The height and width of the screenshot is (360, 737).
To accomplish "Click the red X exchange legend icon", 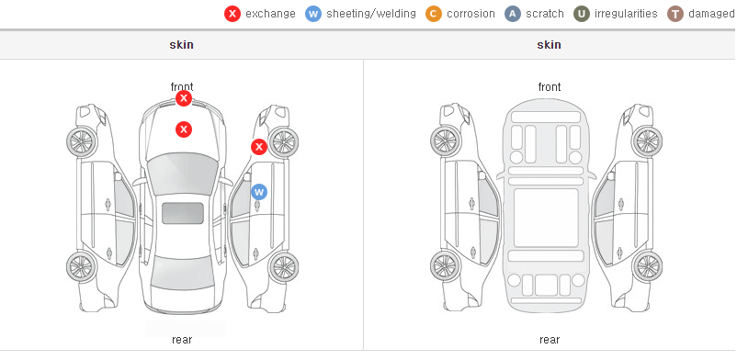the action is (232, 14).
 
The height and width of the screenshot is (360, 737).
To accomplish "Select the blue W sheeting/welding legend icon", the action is (313, 14).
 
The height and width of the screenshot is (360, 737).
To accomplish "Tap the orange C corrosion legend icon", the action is (434, 14).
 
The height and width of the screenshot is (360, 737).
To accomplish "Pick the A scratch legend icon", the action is (513, 14).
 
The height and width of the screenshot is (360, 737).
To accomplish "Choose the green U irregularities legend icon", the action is (582, 14).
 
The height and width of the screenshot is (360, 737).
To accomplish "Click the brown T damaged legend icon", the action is (675, 14).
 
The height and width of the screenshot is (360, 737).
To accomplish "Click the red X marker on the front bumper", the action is (184, 98).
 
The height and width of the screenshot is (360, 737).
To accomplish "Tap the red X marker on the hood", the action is (184, 129).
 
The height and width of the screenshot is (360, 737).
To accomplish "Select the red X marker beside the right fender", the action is (258, 147).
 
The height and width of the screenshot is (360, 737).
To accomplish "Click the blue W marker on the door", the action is (259, 192).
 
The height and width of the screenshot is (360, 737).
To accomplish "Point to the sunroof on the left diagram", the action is (183, 213).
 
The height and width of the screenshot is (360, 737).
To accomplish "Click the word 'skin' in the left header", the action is (181, 45).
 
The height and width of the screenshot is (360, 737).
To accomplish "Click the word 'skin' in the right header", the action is (549, 45).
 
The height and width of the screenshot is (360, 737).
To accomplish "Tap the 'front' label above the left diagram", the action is (182, 87).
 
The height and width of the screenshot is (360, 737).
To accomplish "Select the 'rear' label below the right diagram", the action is (550, 340).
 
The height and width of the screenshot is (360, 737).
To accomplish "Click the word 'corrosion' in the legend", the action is (471, 14).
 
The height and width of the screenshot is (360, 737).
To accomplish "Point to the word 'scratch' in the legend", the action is (545, 14).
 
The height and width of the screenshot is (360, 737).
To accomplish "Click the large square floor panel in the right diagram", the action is (546, 218).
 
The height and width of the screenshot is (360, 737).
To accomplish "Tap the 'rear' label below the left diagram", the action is (182, 340).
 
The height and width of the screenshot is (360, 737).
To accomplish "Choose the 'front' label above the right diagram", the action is (550, 87).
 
